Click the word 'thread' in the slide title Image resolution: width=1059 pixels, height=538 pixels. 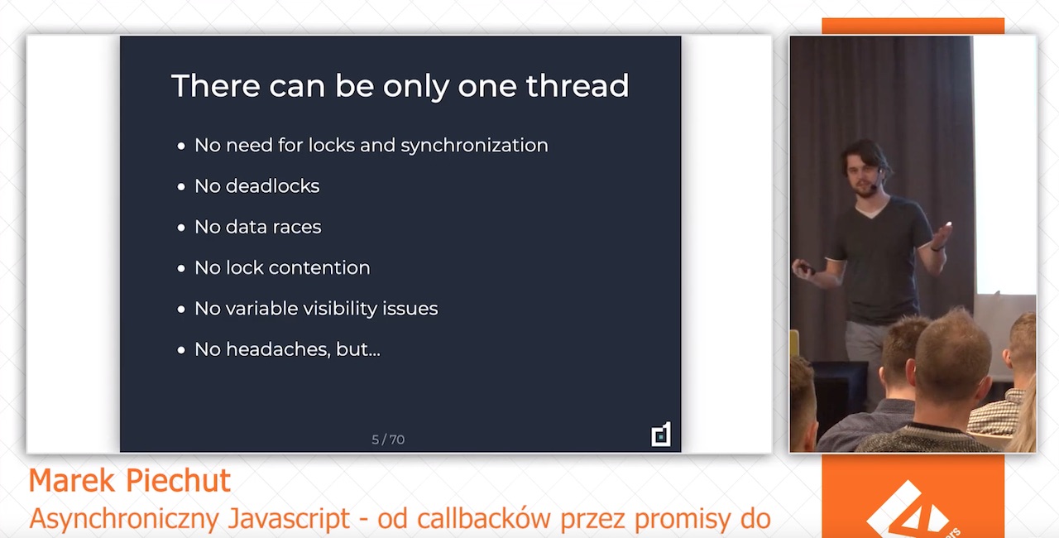[577, 85]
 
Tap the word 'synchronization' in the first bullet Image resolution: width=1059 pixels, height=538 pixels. [474, 146]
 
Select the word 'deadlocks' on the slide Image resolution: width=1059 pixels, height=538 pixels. [273, 186]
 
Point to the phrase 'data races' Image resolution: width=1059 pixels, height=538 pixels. [274, 228]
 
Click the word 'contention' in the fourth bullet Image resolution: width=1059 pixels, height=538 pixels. [319, 268]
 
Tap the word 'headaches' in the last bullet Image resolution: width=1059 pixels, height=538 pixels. [278, 350]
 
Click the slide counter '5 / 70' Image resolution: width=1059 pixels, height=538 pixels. [388, 440]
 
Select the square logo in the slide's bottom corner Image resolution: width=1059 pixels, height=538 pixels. [660, 434]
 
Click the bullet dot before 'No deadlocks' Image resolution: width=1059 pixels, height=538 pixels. [181, 187]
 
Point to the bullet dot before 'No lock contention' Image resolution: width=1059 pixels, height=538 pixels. [181, 269]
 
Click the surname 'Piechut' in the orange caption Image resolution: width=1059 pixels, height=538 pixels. [178, 481]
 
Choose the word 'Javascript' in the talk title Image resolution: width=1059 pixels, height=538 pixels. [289, 519]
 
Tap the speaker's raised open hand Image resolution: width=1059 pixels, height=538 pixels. [942, 236]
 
